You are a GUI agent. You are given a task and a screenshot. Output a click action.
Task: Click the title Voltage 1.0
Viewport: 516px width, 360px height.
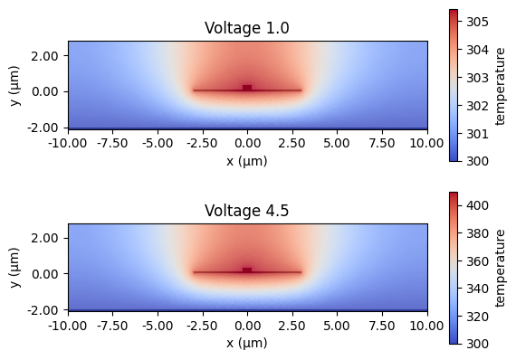pyautogui.click(x=247, y=29)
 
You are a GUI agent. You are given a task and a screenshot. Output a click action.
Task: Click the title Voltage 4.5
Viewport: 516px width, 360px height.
pyautogui.click(x=247, y=212)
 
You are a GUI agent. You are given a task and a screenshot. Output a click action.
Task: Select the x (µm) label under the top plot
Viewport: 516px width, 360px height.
pyautogui.click(x=247, y=161)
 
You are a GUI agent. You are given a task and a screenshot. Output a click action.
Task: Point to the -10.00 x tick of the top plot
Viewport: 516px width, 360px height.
pyautogui.click(x=68, y=143)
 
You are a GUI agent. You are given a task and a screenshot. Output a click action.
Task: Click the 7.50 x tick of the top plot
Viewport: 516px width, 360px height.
pyautogui.click(x=382, y=143)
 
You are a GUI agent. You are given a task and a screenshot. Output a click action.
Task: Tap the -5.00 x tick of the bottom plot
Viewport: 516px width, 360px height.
pyautogui.click(x=158, y=325)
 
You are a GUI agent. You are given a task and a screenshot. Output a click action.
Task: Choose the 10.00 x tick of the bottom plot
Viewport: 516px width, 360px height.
pyautogui.click(x=427, y=325)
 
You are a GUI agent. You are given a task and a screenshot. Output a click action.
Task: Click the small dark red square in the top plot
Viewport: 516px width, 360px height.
pyautogui.click(x=247, y=88)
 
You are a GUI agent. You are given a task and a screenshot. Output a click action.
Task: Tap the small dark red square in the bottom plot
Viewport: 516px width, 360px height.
pyautogui.click(x=247, y=270)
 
